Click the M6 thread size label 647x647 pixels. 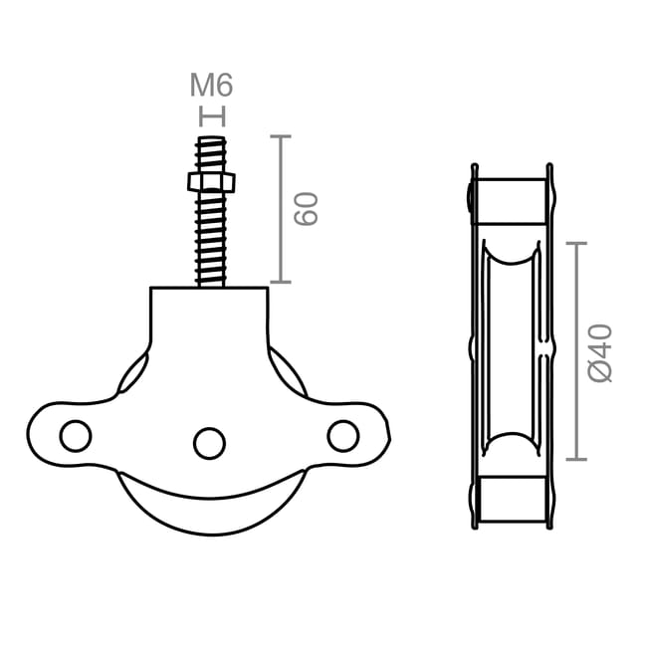[x=211, y=87]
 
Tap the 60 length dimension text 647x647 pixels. [x=306, y=208]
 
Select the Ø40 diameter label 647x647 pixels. [x=599, y=352]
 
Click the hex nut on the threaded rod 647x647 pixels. [x=211, y=182]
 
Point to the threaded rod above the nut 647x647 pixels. [x=211, y=153]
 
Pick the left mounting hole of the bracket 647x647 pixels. [x=75, y=435]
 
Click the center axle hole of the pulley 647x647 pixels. [x=209, y=443]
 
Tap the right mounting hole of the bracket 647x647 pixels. [x=342, y=435]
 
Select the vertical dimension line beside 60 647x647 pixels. [x=280, y=209]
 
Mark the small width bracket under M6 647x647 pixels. [x=212, y=116]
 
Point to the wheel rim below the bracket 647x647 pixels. [x=209, y=508]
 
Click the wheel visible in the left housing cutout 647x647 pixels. [x=132, y=374]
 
